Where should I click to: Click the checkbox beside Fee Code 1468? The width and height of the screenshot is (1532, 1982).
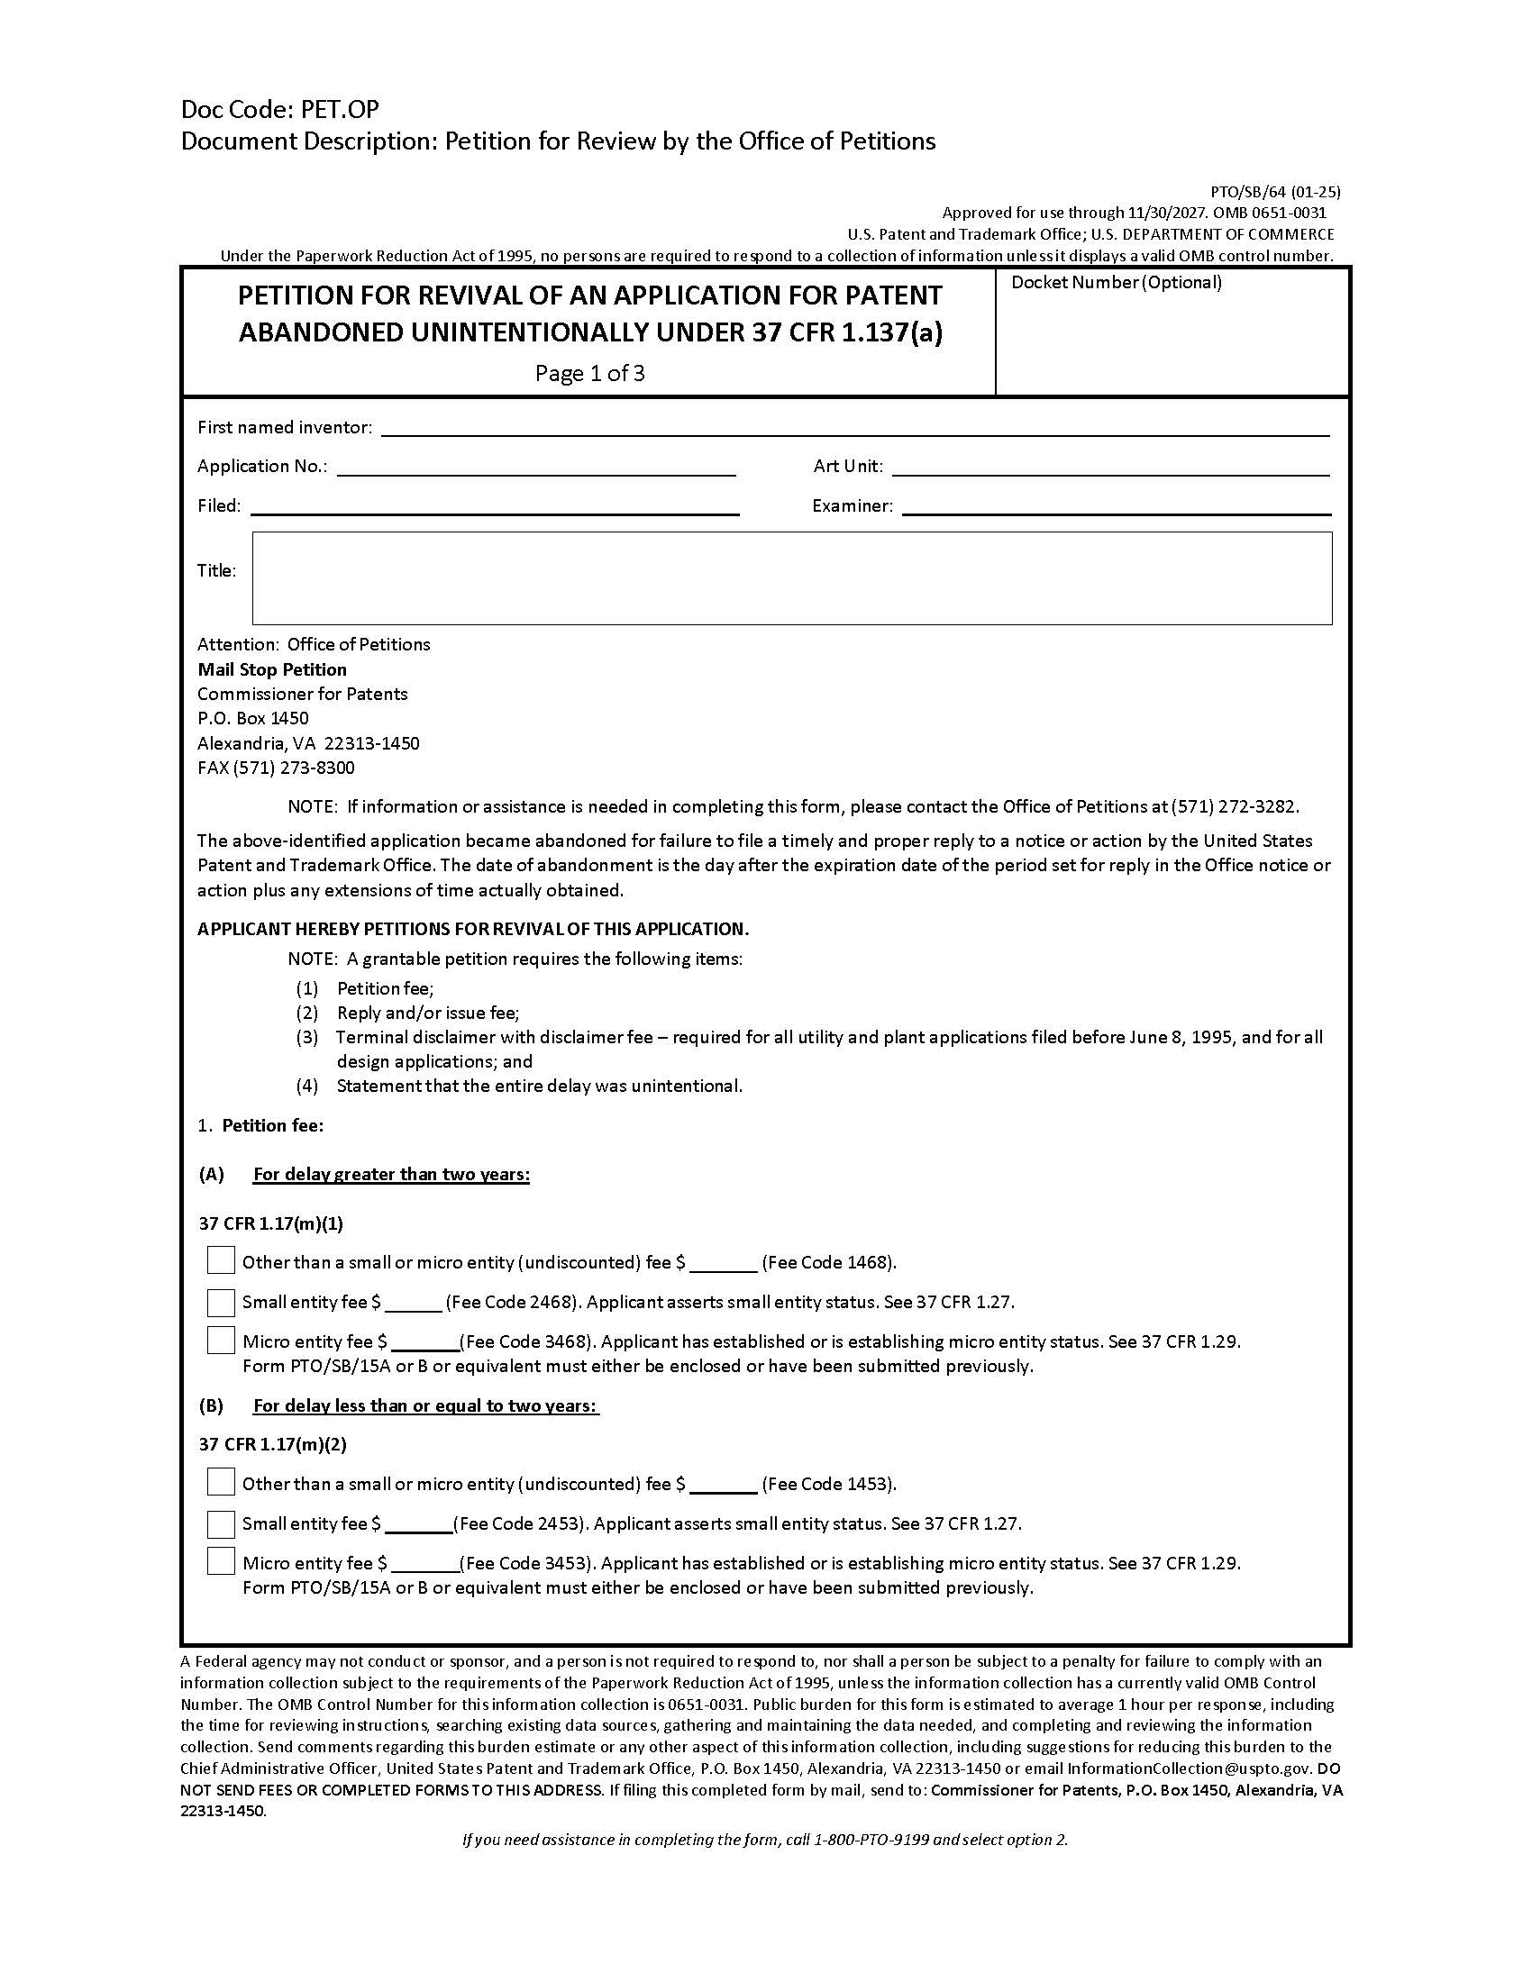221,1260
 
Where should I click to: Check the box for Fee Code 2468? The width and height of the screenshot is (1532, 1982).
221,1303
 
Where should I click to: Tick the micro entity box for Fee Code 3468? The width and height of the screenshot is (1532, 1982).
221,1341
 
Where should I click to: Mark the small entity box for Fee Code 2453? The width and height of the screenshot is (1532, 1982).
221,1523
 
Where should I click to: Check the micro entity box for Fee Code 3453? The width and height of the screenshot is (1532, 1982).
221,1561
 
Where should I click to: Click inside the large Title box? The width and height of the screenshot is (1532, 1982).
791,578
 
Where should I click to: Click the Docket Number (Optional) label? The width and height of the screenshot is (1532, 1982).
1116,282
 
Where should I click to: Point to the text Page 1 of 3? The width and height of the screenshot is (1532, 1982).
589,373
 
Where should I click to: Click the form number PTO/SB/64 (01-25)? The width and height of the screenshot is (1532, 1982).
1274,192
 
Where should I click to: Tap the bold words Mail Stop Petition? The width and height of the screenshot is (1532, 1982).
272,669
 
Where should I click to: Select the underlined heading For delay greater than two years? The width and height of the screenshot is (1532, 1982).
391,1174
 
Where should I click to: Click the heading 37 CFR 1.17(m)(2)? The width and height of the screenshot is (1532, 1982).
272,1444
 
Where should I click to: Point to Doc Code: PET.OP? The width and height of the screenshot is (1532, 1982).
279,110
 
